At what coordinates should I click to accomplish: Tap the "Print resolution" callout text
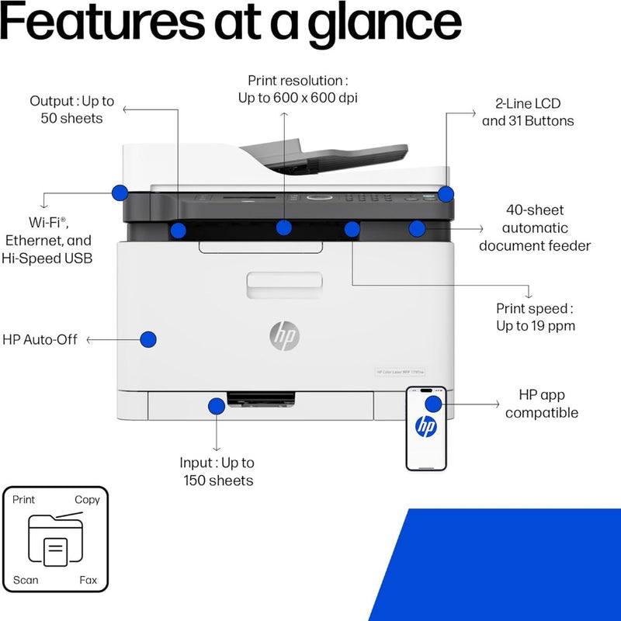(297, 88)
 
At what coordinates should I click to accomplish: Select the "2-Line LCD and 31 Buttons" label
(528, 112)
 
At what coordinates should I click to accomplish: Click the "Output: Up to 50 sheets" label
(71, 109)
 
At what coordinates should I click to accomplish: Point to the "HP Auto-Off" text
(40, 339)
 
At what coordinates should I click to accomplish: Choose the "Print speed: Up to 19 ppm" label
(536, 317)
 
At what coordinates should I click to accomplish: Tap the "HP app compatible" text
(542, 404)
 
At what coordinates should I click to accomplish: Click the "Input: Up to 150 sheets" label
(217, 471)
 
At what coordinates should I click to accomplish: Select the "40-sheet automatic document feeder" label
(534, 227)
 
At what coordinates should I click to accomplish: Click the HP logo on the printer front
(284, 335)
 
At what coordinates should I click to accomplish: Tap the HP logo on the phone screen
(425, 426)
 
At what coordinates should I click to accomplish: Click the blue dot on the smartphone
(433, 404)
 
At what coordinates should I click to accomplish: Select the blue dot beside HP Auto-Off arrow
(148, 339)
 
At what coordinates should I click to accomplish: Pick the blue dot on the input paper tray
(216, 404)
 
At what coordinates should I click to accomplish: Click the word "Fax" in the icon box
(88, 580)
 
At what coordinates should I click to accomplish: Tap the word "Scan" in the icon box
(26, 580)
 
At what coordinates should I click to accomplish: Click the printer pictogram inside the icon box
(56, 541)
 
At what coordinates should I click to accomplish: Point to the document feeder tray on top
(326, 156)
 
